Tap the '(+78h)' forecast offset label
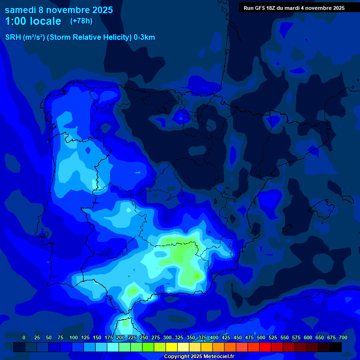click(81, 21)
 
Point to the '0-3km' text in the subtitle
click(144, 37)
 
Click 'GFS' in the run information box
click(262, 8)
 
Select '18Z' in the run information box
click(276, 8)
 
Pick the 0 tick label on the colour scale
click(24, 337)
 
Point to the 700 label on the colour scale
click(343, 337)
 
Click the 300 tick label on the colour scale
click(167, 337)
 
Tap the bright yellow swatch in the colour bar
click(172, 347)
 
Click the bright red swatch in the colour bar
click(265, 347)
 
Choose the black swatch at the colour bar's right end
click(336, 347)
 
